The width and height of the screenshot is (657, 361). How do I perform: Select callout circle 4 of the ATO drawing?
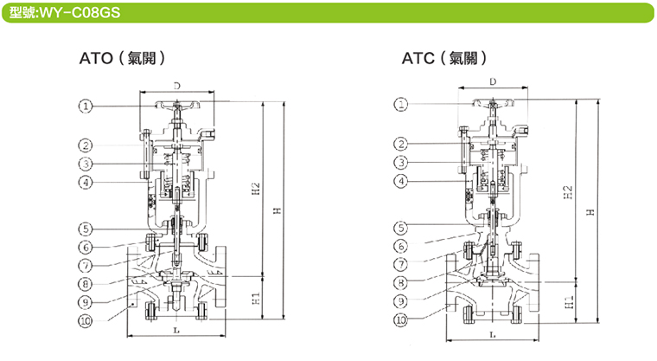tap(86, 183)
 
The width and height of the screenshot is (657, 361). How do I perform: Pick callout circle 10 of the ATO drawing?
tap(86, 321)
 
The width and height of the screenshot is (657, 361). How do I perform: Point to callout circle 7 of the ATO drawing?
tap(86, 264)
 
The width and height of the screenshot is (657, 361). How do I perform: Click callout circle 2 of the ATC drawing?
tap(401, 144)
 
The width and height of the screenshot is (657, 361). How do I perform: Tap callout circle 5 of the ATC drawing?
tap(401, 228)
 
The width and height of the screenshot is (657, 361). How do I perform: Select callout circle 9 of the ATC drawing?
tap(401, 301)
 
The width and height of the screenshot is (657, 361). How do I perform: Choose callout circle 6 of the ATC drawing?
tap(401, 247)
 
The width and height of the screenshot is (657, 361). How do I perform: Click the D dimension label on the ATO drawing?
tap(175, 85)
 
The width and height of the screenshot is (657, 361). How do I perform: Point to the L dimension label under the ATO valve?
tap(175, 331)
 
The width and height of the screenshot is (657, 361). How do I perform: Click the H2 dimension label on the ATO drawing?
tap(255, 187)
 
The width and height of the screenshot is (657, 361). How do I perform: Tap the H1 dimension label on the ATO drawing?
tap(255, 298)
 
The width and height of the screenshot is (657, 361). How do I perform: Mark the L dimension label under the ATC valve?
tap(492, 333)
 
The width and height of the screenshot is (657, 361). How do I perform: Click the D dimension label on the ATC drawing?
tap(492, 81)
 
